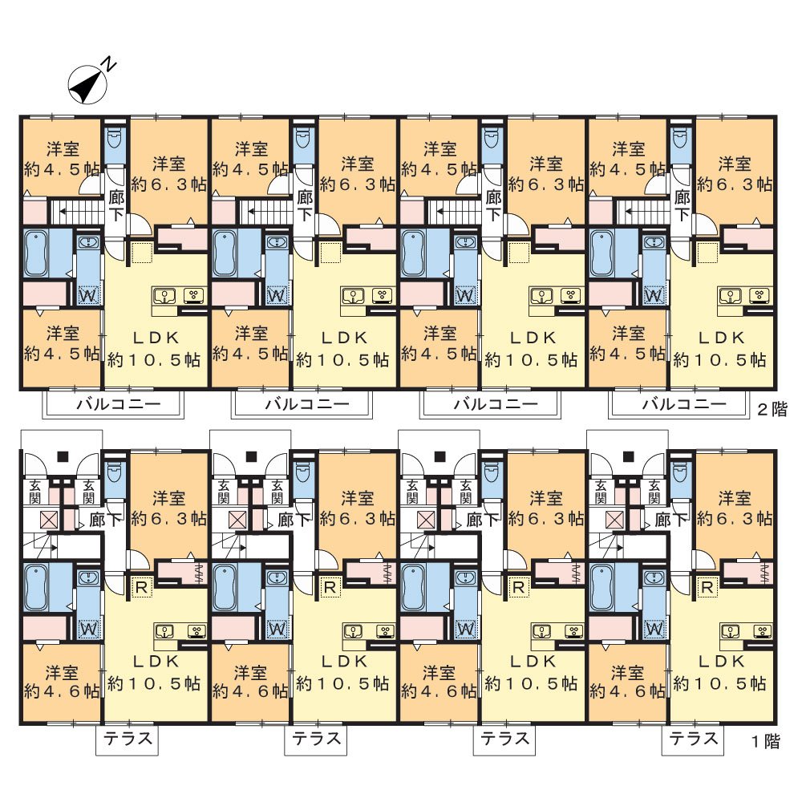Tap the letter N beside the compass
click(x=108, y=63)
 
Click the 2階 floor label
click(x=772, y=409)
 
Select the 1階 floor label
click(x=766, y=741)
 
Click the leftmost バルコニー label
click(x=119, y=404)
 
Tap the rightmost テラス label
click(x=694, y=739)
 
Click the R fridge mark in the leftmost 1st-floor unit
click(x=141, y=587)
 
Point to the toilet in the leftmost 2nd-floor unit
click(x=115, y=133)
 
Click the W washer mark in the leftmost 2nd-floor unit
click(x=88, y=295)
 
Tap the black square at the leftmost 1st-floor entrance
click(x=63, y=456)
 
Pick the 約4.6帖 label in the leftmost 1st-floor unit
click(x=62, y=691)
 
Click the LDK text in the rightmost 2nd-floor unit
click(x=721, y=338)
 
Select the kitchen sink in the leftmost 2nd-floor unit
click(x=165, y=295)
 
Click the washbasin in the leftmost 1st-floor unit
click(x=88, y=577)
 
